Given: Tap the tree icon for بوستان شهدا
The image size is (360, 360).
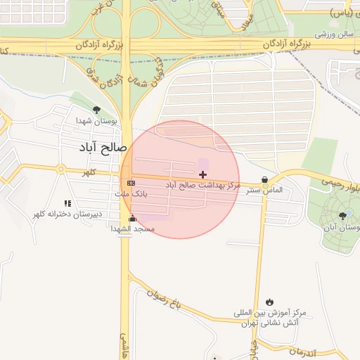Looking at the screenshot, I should pos(96,110).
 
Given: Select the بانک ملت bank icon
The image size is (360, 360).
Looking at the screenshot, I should pos(131,183).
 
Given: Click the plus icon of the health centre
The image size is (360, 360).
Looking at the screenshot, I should pos(203,174).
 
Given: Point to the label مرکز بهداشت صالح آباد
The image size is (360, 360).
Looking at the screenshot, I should pos(203,185).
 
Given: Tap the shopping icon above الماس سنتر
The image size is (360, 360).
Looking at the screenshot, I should pos(264,180).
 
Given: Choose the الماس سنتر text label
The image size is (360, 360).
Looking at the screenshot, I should pos(265,190).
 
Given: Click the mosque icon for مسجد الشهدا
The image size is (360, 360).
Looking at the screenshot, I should pos(133,218).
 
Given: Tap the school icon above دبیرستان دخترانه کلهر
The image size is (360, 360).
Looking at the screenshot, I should pos(67,202).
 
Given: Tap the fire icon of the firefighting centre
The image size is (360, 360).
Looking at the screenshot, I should pos(271,302).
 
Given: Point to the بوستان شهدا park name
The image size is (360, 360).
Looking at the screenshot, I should pos(100,121).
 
